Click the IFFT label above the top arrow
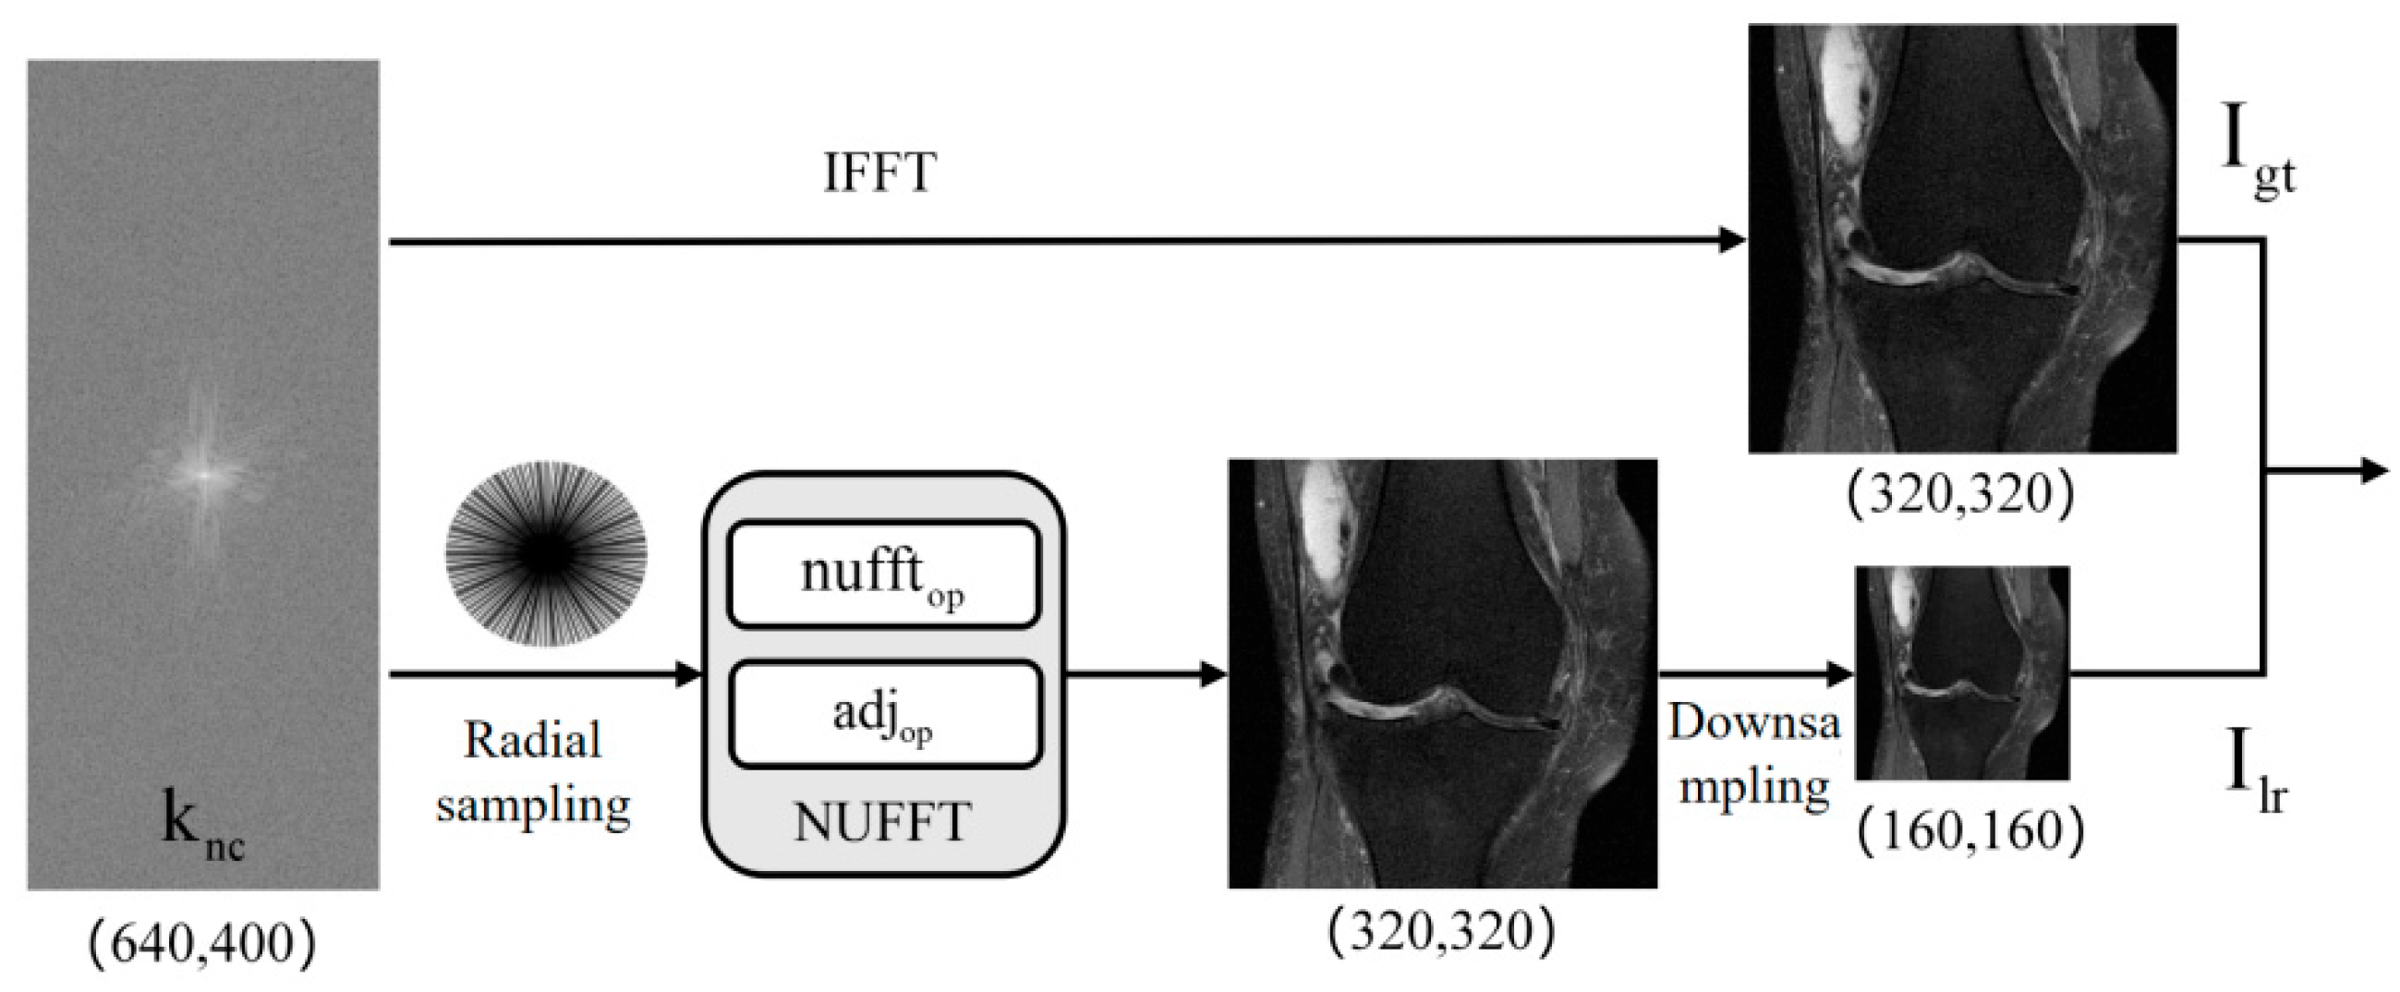tap(879, 173)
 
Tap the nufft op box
tap(882, 575)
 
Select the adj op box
tap(882, 714)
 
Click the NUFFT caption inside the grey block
tap(881, 822)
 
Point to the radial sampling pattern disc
tap(546, 554)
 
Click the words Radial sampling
tap(533, 772)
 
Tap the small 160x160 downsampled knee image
tap(1962, 672)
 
